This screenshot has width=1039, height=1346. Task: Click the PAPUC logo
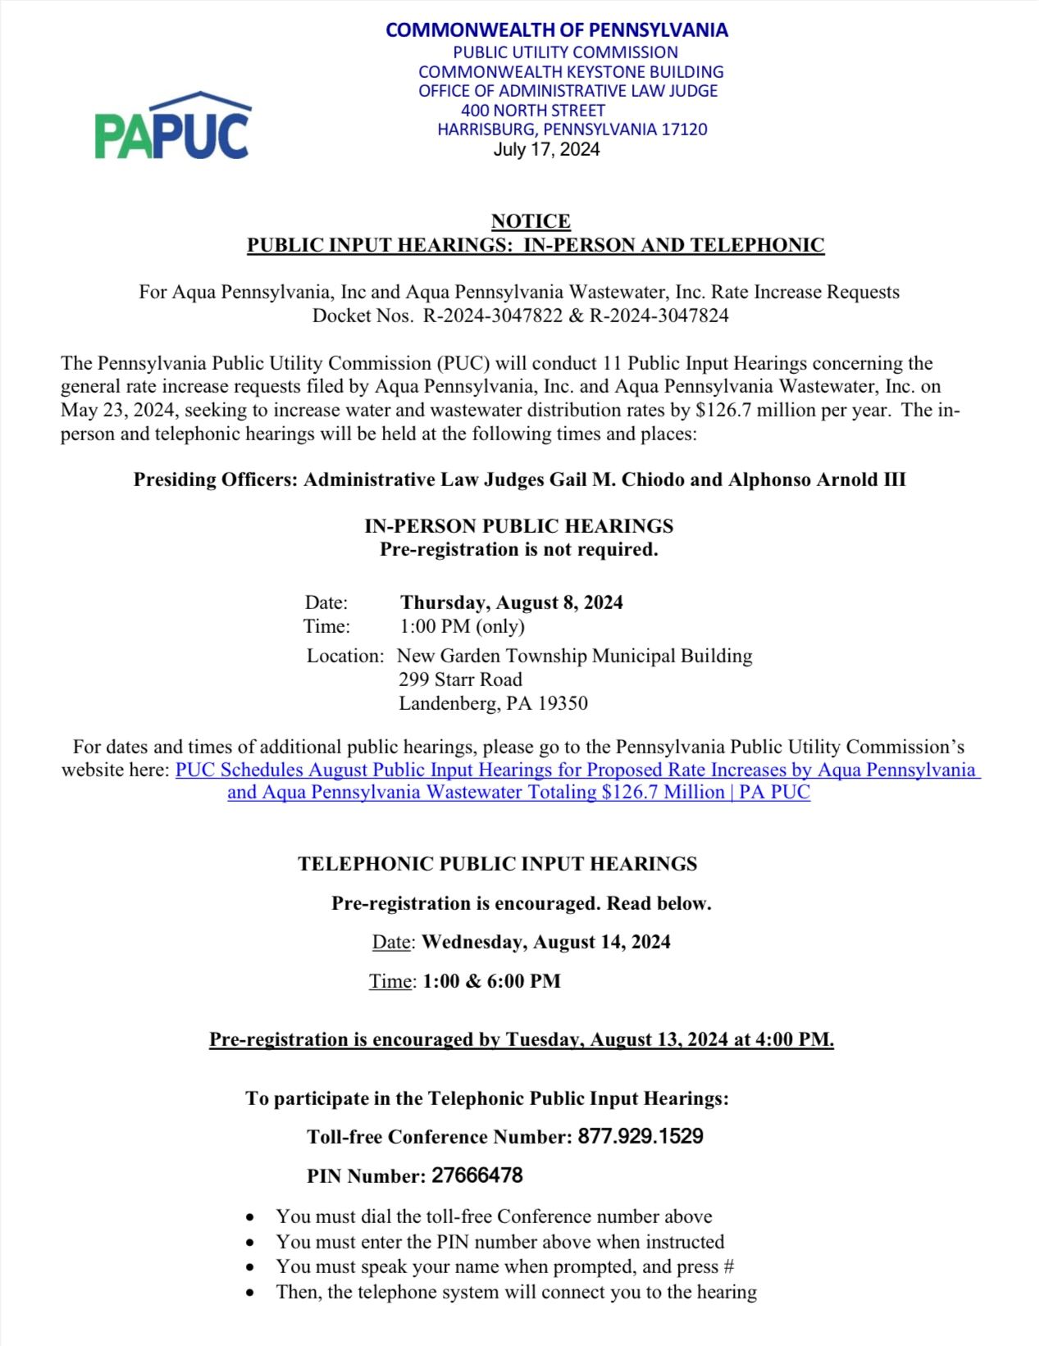coord(173,127)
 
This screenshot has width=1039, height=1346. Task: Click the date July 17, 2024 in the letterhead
coord(546,149)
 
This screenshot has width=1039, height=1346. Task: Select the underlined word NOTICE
coord(531,221)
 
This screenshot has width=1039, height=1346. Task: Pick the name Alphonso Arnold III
coord(817,480)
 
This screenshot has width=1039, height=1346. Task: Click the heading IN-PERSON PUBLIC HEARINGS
coord(519,526)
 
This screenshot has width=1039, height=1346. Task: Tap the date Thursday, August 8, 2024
coord(512,603)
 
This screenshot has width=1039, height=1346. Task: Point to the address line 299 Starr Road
coord(460,680)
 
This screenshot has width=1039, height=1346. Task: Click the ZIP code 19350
coord(563,703)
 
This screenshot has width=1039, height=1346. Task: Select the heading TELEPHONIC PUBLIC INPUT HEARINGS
coord(497,864)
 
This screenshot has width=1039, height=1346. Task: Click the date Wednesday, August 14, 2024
coord(546,942)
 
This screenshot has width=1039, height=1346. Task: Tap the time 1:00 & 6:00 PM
coord(491,981)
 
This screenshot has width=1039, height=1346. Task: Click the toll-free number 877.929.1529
coord(640,1136)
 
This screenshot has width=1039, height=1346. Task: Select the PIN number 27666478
coord(477,1175)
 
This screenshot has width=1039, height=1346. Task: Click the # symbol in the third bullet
coord(728,1266)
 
